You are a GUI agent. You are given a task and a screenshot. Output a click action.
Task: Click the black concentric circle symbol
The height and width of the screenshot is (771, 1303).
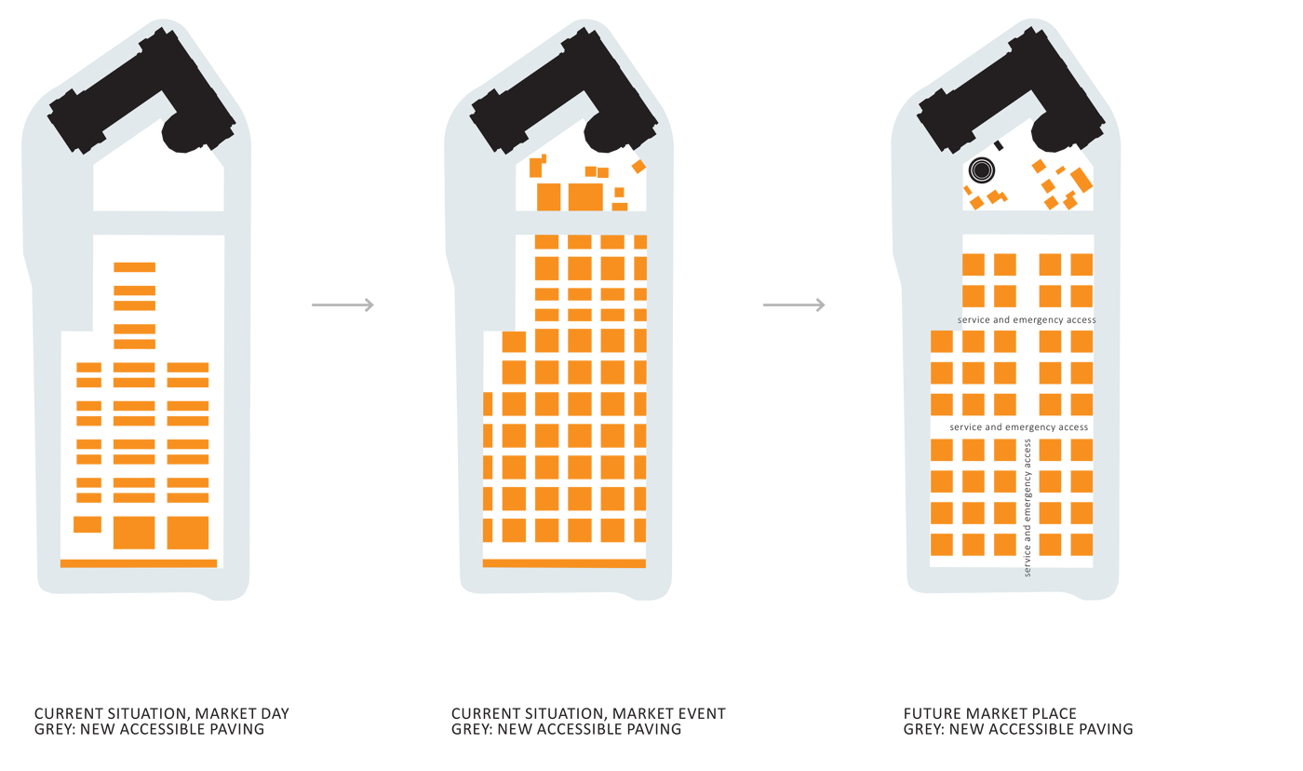982,170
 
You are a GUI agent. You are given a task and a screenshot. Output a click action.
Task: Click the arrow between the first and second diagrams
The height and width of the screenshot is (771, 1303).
343,304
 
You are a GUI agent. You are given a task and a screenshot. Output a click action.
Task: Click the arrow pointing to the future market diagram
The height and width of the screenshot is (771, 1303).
794,304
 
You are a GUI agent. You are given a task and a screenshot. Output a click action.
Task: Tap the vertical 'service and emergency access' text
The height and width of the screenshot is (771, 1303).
1028,508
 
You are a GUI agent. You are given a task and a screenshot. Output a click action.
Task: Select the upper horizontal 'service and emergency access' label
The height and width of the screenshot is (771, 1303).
1027,319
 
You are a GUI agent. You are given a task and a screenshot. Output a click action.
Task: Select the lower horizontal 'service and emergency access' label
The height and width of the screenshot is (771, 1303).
1018,427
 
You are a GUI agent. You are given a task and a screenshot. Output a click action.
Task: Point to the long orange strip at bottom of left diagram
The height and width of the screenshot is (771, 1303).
139,563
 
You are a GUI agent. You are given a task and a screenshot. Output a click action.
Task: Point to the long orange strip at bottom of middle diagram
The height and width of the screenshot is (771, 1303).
564,563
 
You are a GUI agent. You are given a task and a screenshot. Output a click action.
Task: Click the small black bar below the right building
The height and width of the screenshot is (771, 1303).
998,145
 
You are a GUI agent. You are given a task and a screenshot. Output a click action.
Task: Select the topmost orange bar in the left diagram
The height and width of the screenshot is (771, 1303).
134,267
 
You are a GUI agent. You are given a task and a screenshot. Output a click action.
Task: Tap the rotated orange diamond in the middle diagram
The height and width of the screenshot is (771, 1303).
638,167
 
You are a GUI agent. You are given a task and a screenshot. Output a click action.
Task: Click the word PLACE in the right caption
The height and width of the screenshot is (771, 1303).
1054,713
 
